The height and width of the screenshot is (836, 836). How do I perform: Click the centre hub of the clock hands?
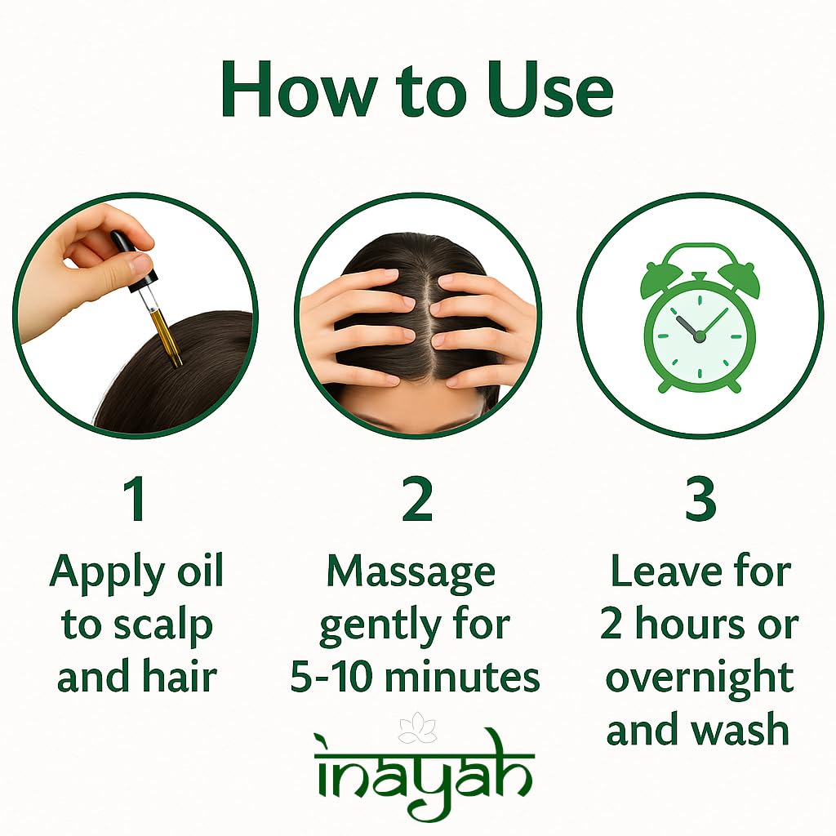699,336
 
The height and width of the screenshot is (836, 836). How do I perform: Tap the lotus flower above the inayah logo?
417,728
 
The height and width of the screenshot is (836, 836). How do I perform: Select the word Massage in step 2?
411,574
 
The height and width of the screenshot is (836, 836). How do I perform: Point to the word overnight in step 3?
700,679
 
